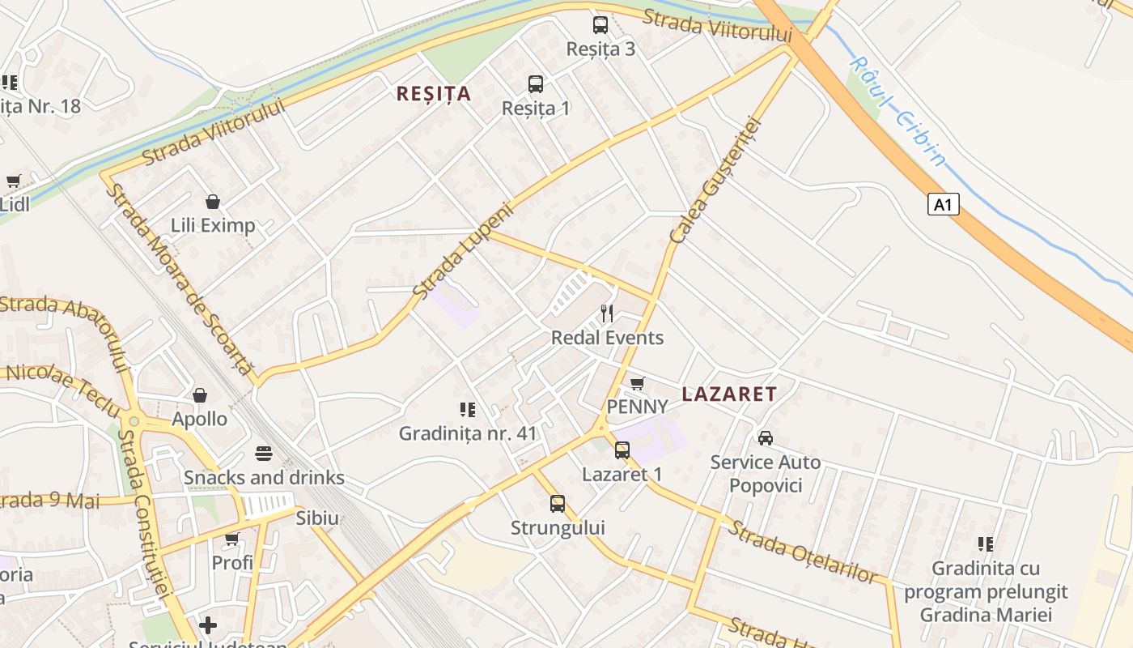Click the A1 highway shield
pos(943,204)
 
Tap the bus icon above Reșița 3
pos(600,25)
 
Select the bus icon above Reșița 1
pos(536,84)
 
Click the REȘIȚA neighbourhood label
pos(433,94)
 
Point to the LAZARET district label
pos(729,394)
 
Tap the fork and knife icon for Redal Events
pos(607,313)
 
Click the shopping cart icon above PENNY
pos(638,383)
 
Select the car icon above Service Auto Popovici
pos(765,438)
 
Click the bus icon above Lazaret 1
pos(622,450)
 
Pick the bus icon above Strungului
pos(558,504)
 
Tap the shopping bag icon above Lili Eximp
pos(213,202)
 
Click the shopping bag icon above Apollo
pos(200,395)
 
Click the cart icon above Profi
pos(232,539)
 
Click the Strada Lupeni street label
pos(464,249)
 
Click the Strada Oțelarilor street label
pos(802,552)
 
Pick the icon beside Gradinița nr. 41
pos(468,410)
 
